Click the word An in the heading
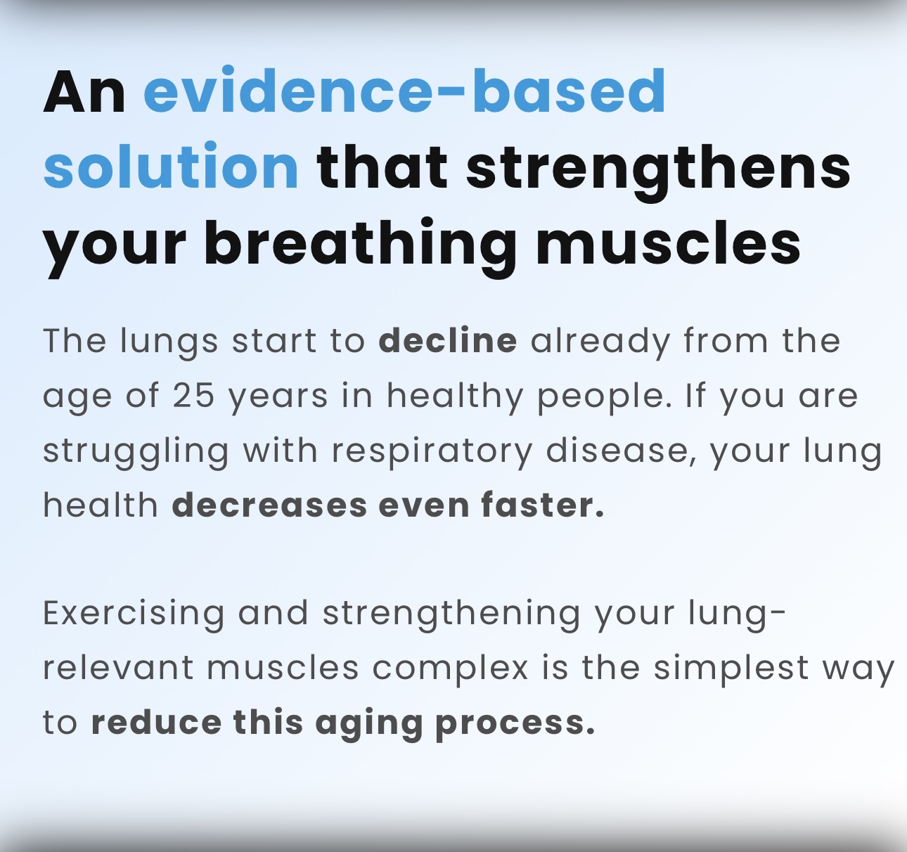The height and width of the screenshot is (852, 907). (84, 91)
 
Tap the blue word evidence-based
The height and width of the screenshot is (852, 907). (404, 90)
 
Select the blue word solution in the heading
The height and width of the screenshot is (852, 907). (171, 165)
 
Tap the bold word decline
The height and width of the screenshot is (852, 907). (448, 340)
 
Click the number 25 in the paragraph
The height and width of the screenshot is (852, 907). (193, 395)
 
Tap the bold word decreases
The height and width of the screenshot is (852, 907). (269, 505)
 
